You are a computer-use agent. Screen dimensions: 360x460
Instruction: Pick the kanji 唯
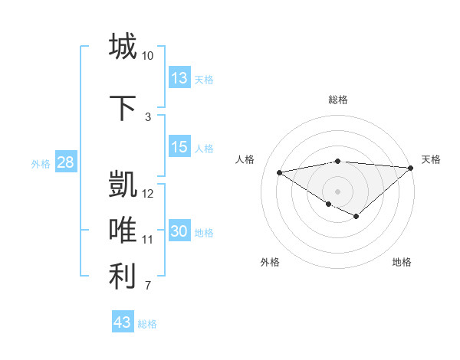coord(123,231)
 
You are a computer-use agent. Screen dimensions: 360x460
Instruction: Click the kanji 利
coord(123,277)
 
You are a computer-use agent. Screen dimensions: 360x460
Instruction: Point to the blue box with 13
coord(179,78)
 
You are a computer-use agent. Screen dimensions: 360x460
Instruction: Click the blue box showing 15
coord(179,147)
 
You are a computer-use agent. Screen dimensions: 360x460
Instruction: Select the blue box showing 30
coord(179,231)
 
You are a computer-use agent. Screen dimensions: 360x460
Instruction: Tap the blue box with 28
coord(65,162)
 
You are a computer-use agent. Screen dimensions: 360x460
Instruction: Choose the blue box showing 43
coord(123,322)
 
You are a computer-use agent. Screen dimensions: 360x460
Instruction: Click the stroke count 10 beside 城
coord(147,56)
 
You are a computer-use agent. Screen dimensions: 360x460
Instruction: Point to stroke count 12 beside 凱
coord(148,194)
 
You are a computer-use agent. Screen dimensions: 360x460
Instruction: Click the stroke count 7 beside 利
coord(148,286)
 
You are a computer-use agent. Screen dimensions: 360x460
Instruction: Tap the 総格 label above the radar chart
coord(337,100)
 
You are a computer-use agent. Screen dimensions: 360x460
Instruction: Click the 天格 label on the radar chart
coord(431,159)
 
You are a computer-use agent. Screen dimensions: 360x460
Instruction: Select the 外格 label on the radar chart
coord(270,262)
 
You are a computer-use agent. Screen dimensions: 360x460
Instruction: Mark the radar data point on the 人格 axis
coord(280,172)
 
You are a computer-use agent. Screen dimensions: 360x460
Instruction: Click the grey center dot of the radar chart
coord(337,190)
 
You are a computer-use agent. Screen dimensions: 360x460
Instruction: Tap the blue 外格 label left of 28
coord(40,163)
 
